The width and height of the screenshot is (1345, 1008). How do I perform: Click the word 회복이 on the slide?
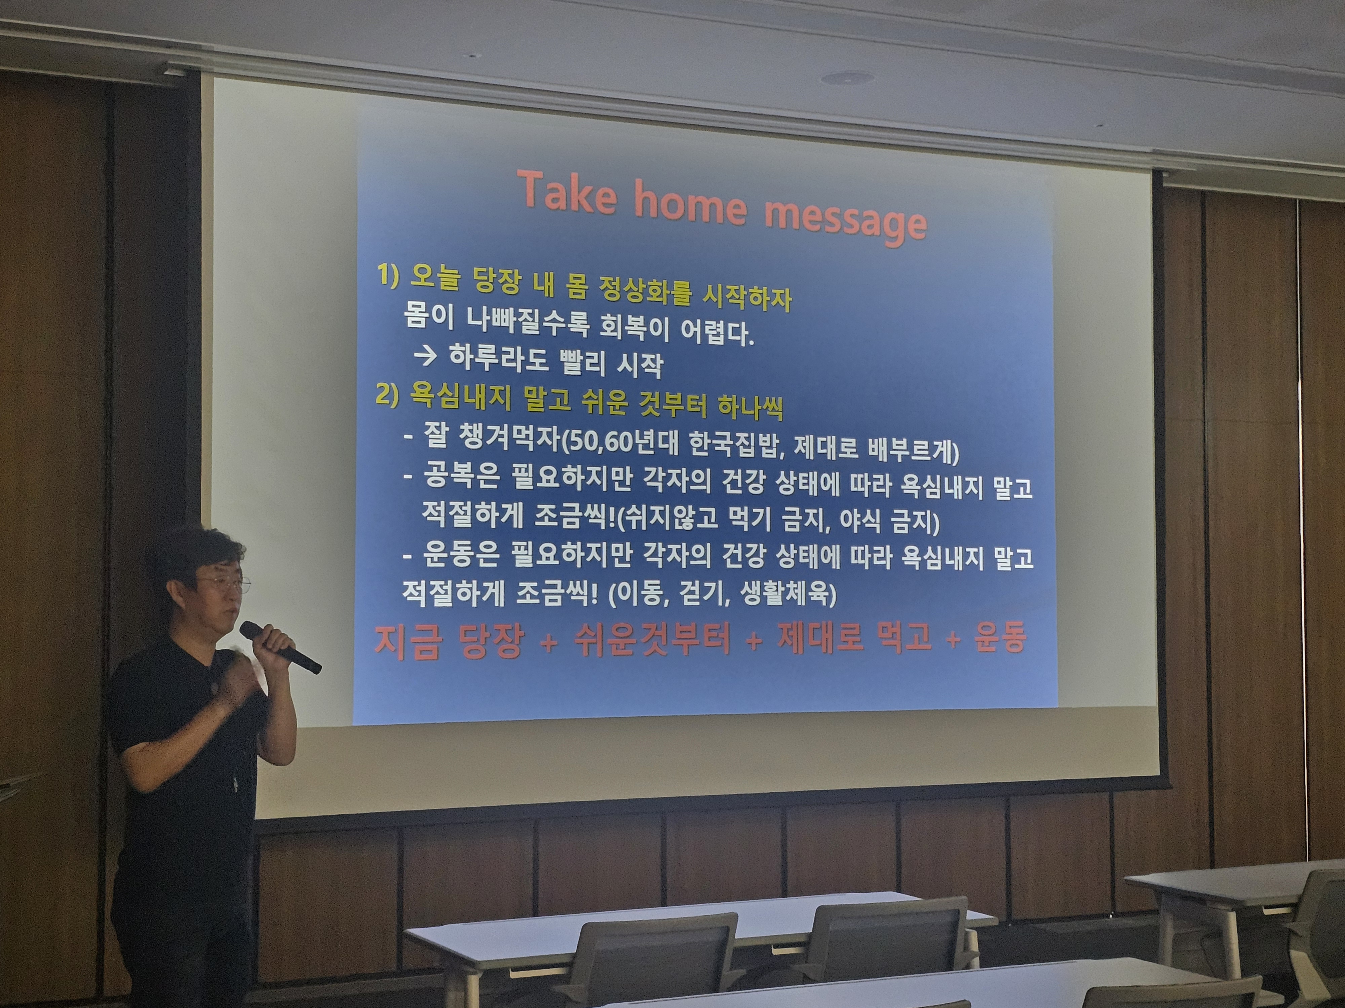point(630,329)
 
